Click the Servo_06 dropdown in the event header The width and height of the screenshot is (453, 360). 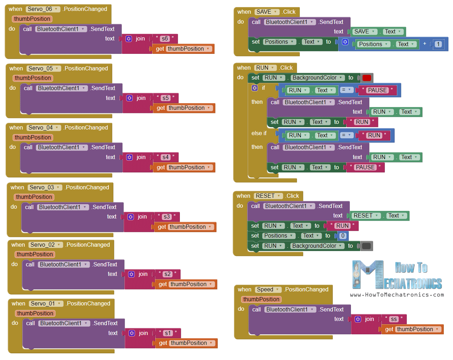(43, 9)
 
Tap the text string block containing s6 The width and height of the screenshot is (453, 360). (165, 39)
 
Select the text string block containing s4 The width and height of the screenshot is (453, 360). (165, 157)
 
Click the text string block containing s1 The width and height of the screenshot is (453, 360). (168, 333)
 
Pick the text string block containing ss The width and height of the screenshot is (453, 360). (394, 319)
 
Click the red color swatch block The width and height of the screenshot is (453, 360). (366, 78)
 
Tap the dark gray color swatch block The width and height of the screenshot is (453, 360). (366, 246)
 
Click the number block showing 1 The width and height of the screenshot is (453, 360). (438, 44)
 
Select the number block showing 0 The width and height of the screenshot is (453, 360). (343, 236)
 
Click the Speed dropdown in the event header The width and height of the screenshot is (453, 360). (268, 290)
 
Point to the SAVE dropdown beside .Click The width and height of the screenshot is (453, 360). (266, 12)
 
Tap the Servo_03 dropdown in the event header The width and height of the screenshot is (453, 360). (44, 188)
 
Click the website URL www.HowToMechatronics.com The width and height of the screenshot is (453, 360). (397, 295)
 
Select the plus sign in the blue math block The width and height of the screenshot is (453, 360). (424, 44)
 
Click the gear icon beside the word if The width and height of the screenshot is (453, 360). (254, 88)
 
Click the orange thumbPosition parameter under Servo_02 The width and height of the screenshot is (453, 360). (35, 254)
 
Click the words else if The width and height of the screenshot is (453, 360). (259, 133)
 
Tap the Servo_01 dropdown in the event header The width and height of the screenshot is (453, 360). (45, 304)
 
